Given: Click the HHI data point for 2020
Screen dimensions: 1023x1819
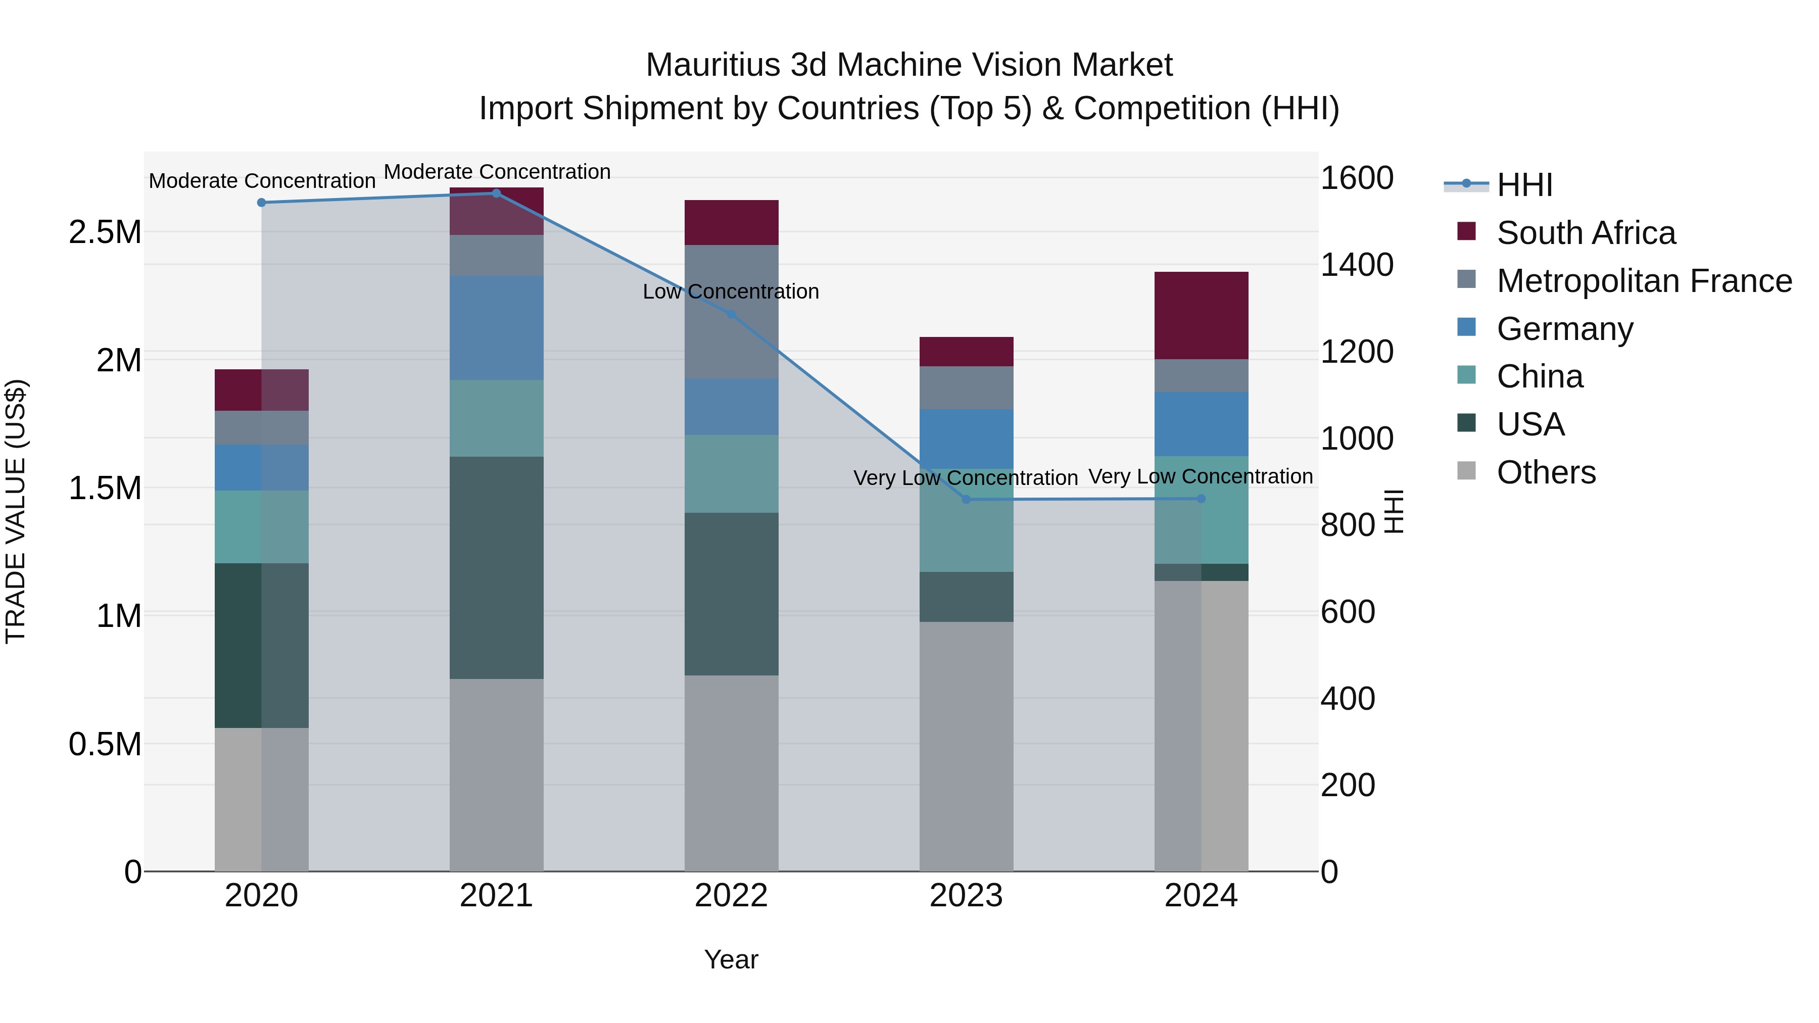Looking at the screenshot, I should click(x=261, y=203).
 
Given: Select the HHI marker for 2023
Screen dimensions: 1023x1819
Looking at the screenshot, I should click(x=967, y=500).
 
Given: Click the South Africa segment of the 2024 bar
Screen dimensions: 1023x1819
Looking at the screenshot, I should click(x=1201, y=316).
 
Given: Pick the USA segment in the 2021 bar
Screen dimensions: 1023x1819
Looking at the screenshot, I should click(x=496, y=568).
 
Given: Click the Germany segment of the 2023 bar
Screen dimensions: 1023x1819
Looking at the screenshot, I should click(x=967, y=439).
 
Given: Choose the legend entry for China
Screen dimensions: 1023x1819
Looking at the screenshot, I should click(x=1540, y=376).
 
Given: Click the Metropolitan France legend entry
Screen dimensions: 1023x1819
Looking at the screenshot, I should click(x=1644, y=281).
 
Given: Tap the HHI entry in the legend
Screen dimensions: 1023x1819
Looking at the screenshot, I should click(x=1524, y=185).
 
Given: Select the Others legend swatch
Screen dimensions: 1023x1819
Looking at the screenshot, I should click(x=1467, y=471).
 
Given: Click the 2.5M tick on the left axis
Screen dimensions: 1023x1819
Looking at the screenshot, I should click(x=105, y=232).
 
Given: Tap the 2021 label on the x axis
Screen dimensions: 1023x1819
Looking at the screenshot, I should click(x=496, y=896).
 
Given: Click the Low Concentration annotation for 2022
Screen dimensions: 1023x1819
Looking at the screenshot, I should click(x=731, y=291).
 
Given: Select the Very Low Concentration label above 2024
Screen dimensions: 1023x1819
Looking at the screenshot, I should click(x=1201, y=476).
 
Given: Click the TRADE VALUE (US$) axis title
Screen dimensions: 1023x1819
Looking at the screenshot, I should click(x=16, y=511).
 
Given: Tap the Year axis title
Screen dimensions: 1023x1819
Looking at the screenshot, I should click(x=731, y=959).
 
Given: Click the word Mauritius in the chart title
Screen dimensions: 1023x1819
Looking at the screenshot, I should click(x=712, y=65).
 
